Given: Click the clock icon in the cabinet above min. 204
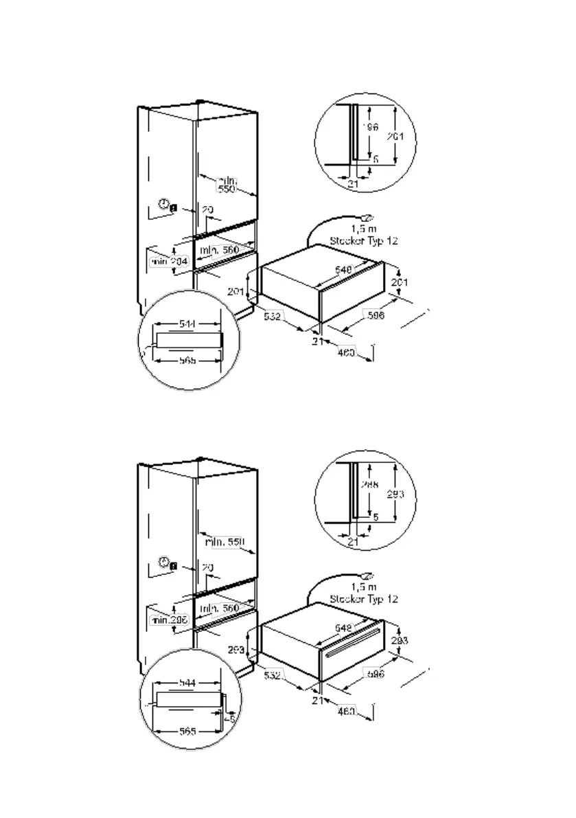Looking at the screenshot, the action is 163,203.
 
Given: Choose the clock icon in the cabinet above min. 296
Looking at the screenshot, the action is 163,562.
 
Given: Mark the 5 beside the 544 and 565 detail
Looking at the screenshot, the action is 233,719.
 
